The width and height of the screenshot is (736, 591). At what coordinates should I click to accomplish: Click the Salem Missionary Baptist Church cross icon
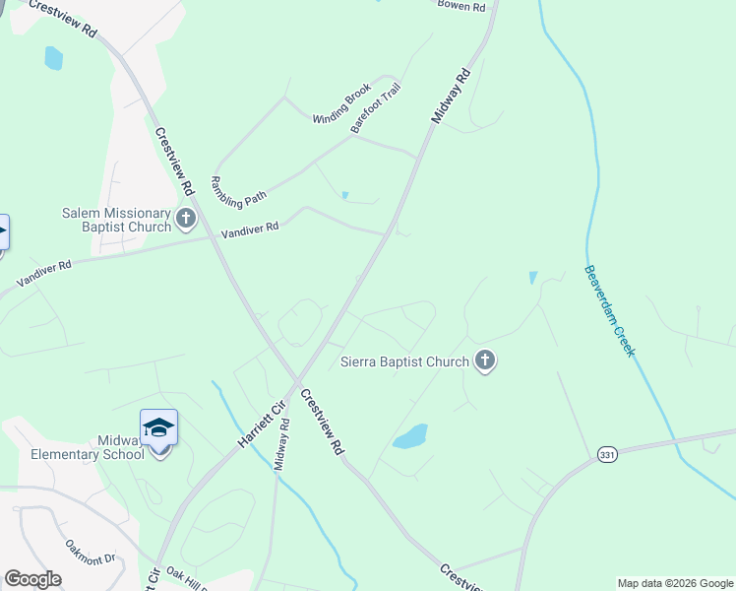(187, 220)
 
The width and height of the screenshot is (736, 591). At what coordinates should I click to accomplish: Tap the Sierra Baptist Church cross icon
(484, 361)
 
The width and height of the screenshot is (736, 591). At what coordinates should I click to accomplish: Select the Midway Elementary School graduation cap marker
(158, 428)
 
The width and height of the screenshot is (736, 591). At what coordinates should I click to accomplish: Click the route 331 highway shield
(606, 454)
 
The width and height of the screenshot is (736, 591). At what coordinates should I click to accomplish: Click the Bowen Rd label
(461, 6)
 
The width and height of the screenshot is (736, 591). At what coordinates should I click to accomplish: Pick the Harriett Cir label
(260, 425)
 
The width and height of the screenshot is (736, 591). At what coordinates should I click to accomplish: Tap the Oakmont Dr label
(91, 551)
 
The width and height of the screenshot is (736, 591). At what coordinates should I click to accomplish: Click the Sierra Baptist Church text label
(404, 361)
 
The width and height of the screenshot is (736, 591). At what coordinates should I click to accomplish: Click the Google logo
(32, 579)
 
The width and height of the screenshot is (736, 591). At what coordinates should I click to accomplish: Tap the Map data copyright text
(675, 583)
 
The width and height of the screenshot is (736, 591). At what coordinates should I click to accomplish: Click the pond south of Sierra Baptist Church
(410, 436)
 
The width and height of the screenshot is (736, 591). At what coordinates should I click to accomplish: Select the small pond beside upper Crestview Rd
(53, 58)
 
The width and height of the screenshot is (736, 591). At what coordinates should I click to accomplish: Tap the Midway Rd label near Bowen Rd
(451, 96)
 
